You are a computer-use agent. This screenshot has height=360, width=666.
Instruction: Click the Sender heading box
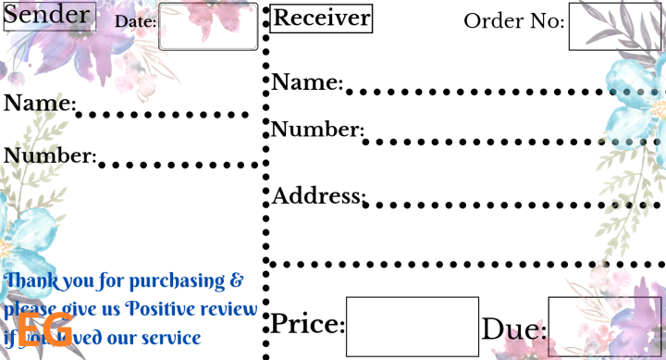point(49,16)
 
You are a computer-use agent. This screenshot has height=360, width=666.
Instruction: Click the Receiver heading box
point(322,18)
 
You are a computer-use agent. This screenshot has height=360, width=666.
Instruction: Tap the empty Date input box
point(208,27)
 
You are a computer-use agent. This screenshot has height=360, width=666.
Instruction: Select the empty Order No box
point(615,27)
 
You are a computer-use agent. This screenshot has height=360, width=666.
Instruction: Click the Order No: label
point(513,20)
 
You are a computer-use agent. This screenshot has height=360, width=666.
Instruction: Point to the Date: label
point(136,21)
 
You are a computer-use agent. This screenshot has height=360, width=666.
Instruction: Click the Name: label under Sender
point(39,103)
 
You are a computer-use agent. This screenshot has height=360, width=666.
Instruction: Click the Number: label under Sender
point(50,155)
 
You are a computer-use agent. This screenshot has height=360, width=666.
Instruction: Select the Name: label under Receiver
point(307,82)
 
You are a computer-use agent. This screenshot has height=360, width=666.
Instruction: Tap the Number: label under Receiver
point(317,129)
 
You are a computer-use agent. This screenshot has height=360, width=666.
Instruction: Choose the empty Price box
point(412,327)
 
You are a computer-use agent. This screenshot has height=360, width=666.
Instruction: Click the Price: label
point(307,325)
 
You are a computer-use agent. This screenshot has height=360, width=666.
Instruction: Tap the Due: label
point(513,329)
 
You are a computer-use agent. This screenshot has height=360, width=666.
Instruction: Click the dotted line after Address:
point(513,205)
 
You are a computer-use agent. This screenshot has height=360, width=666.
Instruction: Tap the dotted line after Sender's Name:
point(162,116)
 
